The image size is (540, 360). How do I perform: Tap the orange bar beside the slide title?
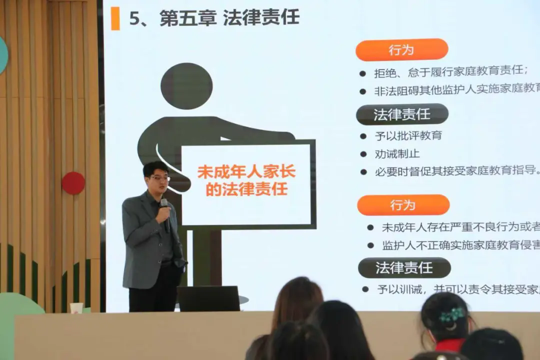pos(115,18)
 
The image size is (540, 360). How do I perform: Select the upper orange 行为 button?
pos(401,50)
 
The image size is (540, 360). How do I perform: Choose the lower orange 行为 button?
pos(403,205)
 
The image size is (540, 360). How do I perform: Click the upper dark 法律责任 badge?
pos(402,114)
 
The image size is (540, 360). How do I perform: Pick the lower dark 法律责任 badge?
pos(404,268)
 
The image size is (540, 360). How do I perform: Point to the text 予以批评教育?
pos(408,135)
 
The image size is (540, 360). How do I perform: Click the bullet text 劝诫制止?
pos(397,153)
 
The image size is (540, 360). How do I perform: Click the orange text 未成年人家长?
pos(246,172)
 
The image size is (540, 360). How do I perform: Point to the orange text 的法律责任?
pos(246,190)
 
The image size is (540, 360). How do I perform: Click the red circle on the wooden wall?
pos(73,183)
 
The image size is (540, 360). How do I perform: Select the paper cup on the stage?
pos(76,308)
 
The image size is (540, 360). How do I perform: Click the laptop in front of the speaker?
pos(209,298)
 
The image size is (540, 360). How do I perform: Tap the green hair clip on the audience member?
pos(452,314)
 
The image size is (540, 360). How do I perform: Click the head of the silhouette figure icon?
pos(186,86)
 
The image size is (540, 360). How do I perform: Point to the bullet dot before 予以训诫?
pos(365,289)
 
